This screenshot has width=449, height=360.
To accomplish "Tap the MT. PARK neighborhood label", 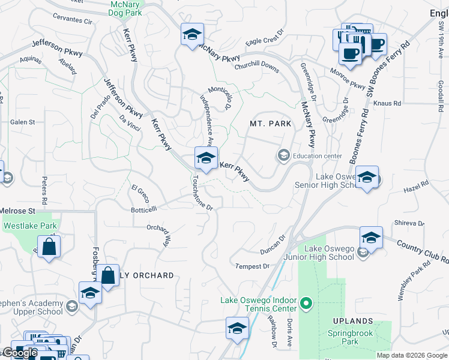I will coord(270,124).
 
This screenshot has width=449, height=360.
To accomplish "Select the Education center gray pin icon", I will coord(283,156).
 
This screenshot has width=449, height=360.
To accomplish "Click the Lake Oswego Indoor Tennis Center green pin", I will coord(306,304).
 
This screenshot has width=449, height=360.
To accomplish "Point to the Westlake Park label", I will coord(30,226).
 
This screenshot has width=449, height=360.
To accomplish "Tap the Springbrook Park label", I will coord(351,338).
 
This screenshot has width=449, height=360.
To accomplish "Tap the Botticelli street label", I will coord(144,209).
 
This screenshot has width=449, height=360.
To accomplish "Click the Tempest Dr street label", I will coord(252,266).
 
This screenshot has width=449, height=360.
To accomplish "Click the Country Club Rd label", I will coord(423,251).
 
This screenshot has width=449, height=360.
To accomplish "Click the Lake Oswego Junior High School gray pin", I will coord(363,253).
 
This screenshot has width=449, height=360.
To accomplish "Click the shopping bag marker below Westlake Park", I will coord(49,246).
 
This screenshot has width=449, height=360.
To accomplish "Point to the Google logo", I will coord(20,353).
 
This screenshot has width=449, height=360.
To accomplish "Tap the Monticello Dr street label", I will coord(220,96).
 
